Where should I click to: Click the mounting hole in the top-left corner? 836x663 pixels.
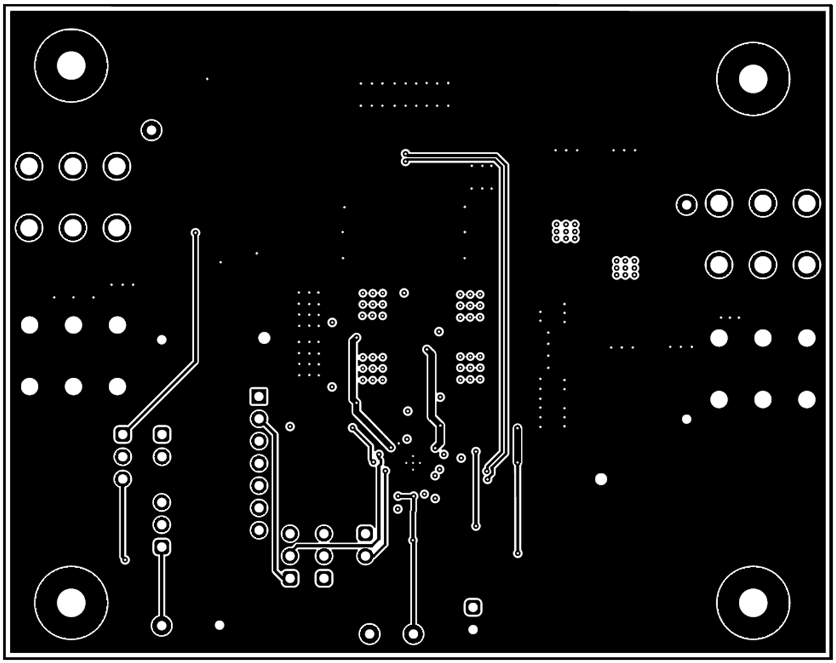click(x=71, y=66)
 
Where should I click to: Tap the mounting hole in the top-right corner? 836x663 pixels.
click(x=753, y=79)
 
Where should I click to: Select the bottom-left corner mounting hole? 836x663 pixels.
click(x=71, y=602)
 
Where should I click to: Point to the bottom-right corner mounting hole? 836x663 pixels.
click(x=753, y=602)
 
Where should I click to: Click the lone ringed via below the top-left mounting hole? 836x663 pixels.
click(x=151, y=130)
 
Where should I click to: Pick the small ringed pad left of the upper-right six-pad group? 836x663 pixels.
click(x=686, y=205)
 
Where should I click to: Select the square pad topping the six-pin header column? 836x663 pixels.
click(x=259, y=396)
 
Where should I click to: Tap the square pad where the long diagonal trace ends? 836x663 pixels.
click(x=123, y=434)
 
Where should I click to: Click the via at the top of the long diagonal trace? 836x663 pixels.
click(x=195, y=233)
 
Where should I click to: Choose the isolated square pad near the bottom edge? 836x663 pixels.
click(x=472, y=607)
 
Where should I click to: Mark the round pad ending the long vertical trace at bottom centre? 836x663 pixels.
click(x=413, y=634)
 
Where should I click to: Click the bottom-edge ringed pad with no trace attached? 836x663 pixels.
click(x=370, y=634)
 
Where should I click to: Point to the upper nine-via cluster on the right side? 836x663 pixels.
click(x=565, y=231)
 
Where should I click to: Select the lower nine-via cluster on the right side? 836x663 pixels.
click(x=625, y=267)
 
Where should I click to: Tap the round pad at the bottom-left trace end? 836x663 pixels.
click(x=161, y=625)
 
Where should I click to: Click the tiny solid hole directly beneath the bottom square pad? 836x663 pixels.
click(x=472, y=630)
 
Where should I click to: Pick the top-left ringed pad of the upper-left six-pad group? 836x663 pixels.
click(x=29, y=166)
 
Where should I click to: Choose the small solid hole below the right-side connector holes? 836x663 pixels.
click(x=686, y=419)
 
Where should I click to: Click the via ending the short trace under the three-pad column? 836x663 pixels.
click(x=125, y=559)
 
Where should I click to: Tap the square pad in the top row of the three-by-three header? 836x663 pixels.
click(x=365, y=533)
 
